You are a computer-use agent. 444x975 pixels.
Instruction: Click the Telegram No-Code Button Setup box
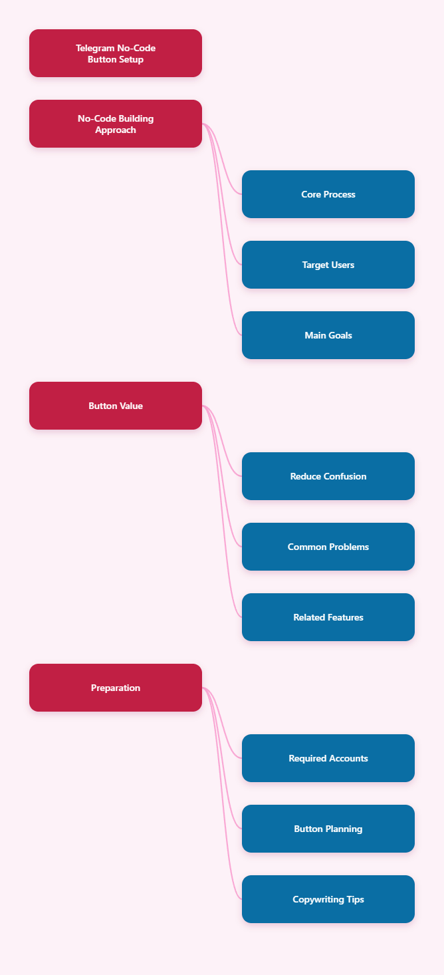(116, 53)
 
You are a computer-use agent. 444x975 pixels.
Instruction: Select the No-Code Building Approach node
(116, 124)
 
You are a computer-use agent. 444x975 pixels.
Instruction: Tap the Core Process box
(328, 194)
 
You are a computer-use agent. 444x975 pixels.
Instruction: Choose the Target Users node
(328, 265)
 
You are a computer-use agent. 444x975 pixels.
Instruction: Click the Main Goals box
(328, 335)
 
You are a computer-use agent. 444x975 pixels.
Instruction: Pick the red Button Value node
(116, 406)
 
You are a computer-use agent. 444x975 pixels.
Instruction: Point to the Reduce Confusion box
(328, 476)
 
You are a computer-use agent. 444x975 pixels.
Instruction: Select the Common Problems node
(328, 547)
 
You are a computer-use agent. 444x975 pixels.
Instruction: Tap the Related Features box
(328, 617)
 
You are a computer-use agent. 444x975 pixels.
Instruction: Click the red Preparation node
(116, 688)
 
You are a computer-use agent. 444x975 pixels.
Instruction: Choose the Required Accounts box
(328, 758)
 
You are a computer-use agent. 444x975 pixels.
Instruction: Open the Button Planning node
(328, 829)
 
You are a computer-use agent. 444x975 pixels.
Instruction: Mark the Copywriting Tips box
(328, 899)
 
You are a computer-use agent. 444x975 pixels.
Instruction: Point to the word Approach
(116, 130)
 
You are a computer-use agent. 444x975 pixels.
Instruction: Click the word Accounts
(349, 758)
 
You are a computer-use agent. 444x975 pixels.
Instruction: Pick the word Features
(344, 617)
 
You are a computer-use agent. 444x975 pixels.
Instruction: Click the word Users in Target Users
(343, 265)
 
